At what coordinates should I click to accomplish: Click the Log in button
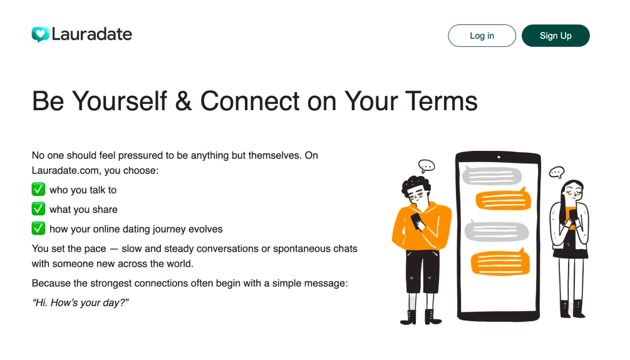pyautogui.click(x=482, y=36)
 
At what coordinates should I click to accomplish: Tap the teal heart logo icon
pyautogui.click(x=40, y=34)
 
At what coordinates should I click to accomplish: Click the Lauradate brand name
pyautogui.click(x=92, y=34)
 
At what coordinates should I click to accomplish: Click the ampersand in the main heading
pyautogui.click(x=183, y=101)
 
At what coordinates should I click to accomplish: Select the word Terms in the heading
pyautogui.click(x=441, y=101)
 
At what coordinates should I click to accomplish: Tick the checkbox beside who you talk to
pyautogui.click(x=38, y=189)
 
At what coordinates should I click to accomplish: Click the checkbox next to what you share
pyautogui.click(x=38, y=209)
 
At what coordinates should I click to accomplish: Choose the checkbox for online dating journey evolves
pyautogui.click(x=38, y=229)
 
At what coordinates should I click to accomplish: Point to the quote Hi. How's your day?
pyautogui.click(x=80, y=302)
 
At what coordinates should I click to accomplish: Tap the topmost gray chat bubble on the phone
pyautogui.click(x=492, y=175)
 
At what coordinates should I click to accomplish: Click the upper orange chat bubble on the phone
pyautogui.click(x=503, y=200)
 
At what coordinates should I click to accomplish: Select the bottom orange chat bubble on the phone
pyautogui.click(x=500, y=263)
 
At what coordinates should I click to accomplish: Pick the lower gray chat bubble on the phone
pyautogui.click(x=497, y=232)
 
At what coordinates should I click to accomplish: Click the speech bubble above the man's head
pyautogui.click(x=426, y=165)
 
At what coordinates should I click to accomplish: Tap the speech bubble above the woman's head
pyautogui.click(x=557, y=172)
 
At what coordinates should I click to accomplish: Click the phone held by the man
pyautogui.click(x=418, y=222)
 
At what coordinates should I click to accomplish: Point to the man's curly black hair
pyautogui.click(x=415, y=185)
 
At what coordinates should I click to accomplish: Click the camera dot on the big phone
pyautogui.click(x=498, y=157)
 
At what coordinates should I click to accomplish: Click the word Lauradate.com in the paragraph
pyautogui.click(x=66, y=171)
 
